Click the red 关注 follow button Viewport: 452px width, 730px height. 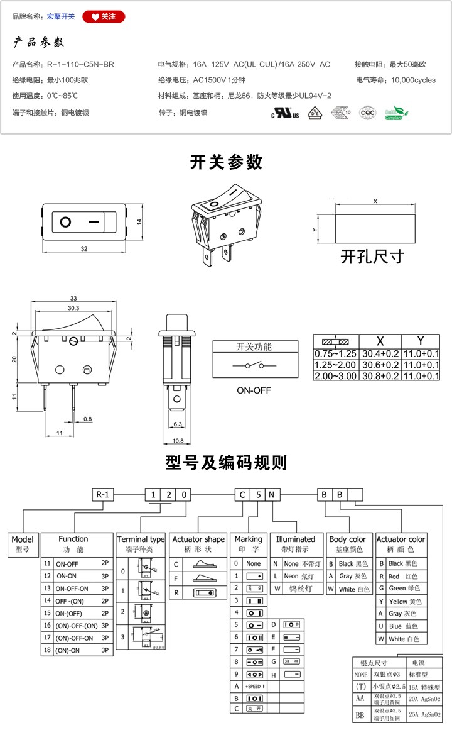point(104,16)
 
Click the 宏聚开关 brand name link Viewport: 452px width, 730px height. point(61,16)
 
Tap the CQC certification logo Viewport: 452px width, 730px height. point(367,113)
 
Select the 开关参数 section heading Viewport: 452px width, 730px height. point(226,162)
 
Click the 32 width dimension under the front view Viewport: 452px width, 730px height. point(84,250)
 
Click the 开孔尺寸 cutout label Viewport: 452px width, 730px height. point(372,257)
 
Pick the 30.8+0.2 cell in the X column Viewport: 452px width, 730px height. point(379,376)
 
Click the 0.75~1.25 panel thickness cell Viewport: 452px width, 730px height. point(335,354)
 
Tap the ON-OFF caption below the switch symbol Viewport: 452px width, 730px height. point(254,390)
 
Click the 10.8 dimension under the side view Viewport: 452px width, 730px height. point(178,441)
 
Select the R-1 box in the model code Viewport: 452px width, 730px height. point(104,494)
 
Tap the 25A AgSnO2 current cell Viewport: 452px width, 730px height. point(425,714)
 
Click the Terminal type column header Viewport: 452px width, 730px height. point(141,539)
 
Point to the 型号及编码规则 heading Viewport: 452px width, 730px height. point(226,463)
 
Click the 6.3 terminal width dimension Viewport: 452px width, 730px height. point(176,425)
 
